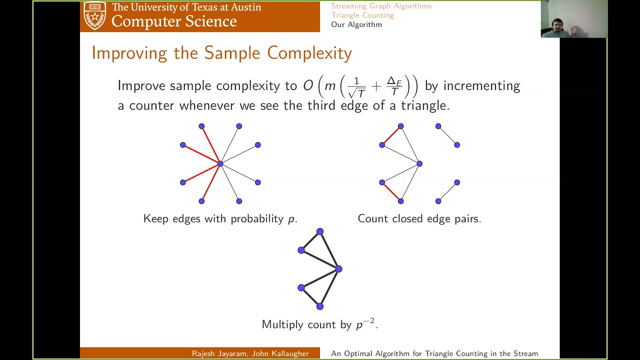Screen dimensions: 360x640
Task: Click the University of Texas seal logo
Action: coord(94,15)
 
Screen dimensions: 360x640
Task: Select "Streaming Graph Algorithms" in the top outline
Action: coord(381,6)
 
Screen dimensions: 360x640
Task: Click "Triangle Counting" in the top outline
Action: coord(362,15)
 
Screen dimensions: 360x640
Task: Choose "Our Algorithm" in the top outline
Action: coord(356,24)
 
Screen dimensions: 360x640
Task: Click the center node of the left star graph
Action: coord(220,163)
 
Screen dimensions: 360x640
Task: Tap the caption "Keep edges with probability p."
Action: coord(220,219)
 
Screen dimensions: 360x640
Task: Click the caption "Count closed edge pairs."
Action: coord(419,219)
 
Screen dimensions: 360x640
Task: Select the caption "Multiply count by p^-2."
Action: coord(319,324)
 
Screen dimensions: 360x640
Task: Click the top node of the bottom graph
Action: coord(320,231)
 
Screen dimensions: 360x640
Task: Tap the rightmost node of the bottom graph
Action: coord(339,269)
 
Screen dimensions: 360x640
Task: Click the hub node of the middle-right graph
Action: coord(419,163)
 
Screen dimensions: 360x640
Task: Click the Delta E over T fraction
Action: coord(394,86)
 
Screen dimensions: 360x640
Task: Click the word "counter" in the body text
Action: coord(152,105)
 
